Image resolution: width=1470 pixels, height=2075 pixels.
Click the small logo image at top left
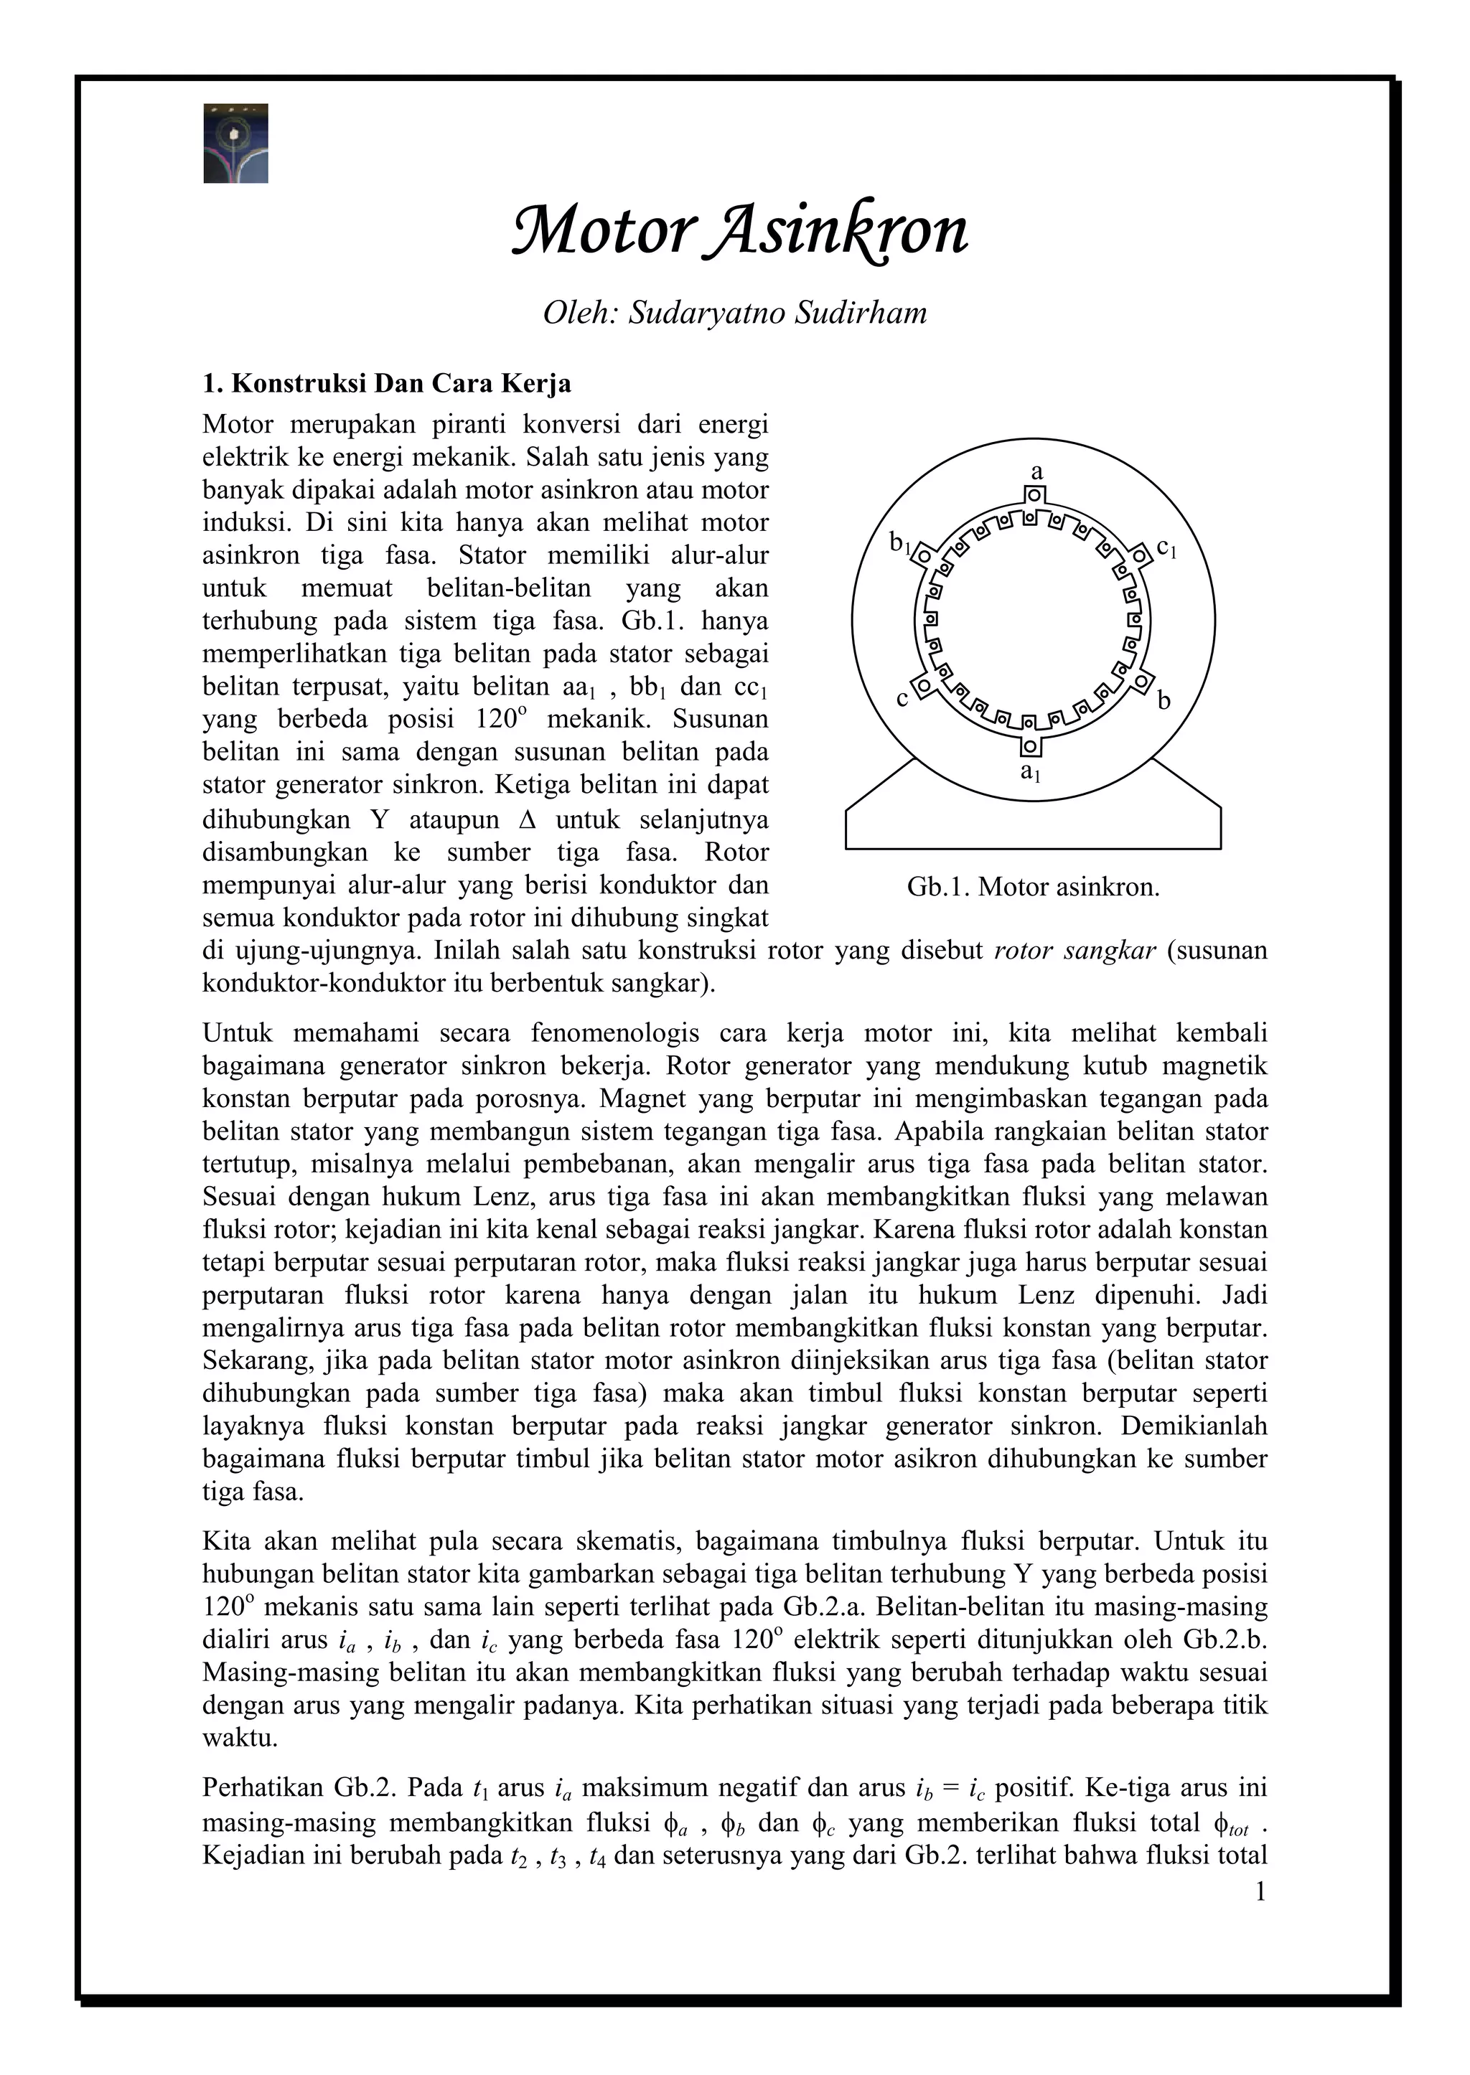[235, 143]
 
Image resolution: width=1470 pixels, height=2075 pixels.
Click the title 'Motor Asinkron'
[739, 231]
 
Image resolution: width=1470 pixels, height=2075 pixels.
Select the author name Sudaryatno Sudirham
[777, 313]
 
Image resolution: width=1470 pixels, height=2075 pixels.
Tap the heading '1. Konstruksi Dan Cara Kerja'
[386, 384]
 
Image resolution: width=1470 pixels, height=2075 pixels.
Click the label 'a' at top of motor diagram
[1037, 471]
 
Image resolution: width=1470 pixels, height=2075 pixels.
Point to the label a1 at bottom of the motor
[1030, 772]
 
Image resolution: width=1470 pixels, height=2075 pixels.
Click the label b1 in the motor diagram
[901, 543]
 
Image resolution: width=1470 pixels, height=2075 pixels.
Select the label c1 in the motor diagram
[1167, 547]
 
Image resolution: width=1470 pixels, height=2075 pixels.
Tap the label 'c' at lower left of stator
[902, 700]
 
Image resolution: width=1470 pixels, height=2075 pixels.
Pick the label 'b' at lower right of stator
[1165, 700]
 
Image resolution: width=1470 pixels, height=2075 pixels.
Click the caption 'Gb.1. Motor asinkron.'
[1033, 887]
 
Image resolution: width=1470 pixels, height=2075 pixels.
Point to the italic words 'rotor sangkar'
[1075, 951]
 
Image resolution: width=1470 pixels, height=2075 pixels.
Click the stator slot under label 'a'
[1034, 495]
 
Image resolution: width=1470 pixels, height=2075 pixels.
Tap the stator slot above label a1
[1030, 747]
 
